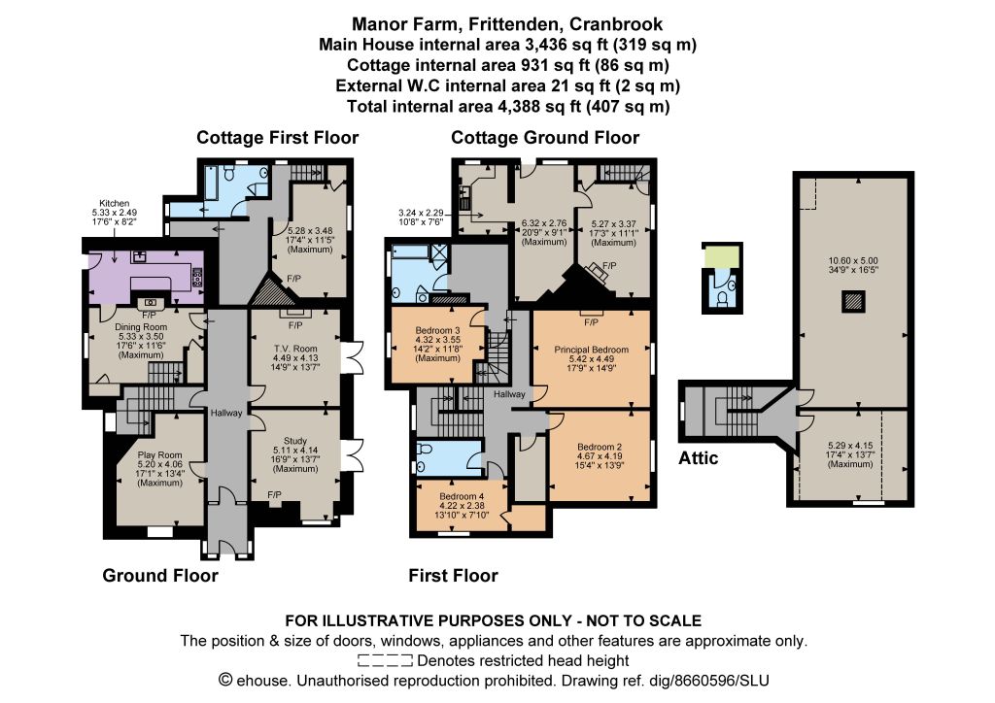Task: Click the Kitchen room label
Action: coord(115,204)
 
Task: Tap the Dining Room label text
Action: coord(141,327)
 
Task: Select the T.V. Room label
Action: coord(295,349)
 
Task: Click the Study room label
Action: coord(295,441)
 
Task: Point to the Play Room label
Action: coord(160,455)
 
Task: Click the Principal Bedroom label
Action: coord(592,350)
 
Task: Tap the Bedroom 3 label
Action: coord(438,330)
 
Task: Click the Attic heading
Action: coord(698,457)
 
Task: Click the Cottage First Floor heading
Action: coord(277,138)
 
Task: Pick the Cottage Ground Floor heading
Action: coord(545,138)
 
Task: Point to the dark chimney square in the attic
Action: coord(853,301)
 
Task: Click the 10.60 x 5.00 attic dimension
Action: coord(853,260)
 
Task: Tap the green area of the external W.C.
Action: coord(722,257)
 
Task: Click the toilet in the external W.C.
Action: coord(722,297)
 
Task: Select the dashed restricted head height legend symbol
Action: coord(385,661)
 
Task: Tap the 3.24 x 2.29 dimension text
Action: coord(421,213)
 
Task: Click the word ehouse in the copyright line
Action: coord(263,681)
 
